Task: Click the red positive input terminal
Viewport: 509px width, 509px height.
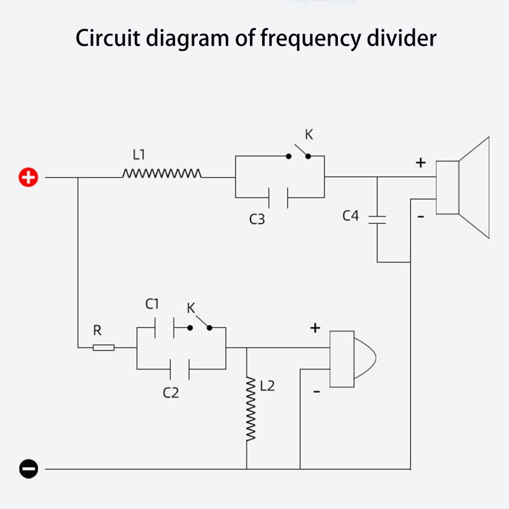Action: [x=29, y=178]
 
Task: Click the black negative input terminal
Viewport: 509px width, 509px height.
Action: [x=29, y=470]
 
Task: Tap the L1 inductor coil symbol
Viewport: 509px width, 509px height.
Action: [x=162, y=173]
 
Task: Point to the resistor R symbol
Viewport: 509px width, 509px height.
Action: [x=104, y=347]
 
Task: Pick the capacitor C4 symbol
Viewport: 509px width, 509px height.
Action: [x=377, y=220]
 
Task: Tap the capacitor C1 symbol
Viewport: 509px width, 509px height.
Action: [x=165, y=328]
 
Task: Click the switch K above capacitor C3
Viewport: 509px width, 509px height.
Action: [x=299, y=153]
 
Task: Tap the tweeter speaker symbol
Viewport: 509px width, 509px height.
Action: [x=351, y=359]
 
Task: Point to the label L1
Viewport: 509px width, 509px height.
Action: [x=139, y=154]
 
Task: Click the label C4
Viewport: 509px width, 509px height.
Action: [x=351, y=216]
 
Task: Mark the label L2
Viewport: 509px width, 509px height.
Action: [x=267, y=386]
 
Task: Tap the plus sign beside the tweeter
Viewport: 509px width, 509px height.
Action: [x=315, y=328]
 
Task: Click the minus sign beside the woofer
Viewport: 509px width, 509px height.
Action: [x=421, y=217]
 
